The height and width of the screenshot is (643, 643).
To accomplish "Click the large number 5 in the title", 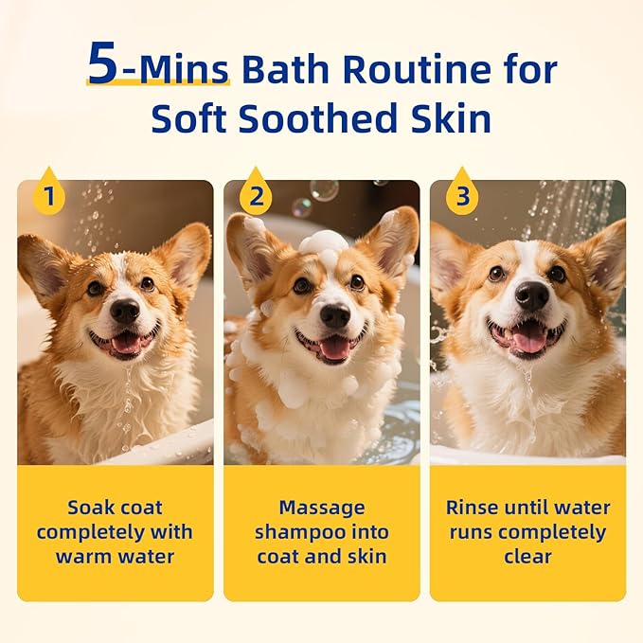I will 104,64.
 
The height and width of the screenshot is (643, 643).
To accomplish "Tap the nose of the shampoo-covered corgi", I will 334,315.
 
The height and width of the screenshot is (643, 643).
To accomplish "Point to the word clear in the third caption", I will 527,556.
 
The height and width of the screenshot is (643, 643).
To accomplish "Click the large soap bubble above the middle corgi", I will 324,190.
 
